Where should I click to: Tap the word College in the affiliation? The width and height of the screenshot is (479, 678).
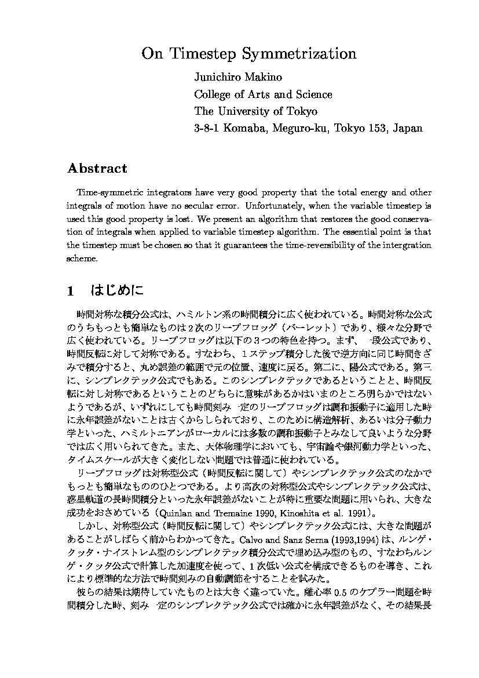212,94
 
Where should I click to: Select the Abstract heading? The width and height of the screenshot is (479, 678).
97,169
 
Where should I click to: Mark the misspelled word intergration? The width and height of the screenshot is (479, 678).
405,245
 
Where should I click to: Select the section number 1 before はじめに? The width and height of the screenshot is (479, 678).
70,291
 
